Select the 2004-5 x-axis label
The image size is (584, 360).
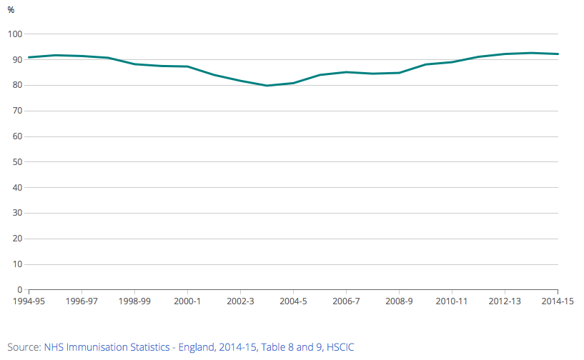coord(293,301)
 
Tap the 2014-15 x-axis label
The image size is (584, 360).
coord(558,301)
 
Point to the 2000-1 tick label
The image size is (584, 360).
coord(187,301)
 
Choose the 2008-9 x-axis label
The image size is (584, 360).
coord(399,301)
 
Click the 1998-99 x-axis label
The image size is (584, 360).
coord(134,301)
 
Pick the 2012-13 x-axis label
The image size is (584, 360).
coord(505,301)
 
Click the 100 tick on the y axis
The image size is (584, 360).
coord(16,34)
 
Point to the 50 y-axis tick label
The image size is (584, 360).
coord(18,162)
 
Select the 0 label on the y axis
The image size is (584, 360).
coord(20,290)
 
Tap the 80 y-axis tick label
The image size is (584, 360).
coord(18,86)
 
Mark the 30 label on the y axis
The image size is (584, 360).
coord(18,214)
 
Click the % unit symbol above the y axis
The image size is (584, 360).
coord(11,10)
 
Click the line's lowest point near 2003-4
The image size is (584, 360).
coord(267,86)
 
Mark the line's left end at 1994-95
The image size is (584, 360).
coord(29,57)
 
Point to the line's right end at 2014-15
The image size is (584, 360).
coord(558,54)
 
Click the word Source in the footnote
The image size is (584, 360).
coord(23,347)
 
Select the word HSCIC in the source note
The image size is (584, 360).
coord(340,347)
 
